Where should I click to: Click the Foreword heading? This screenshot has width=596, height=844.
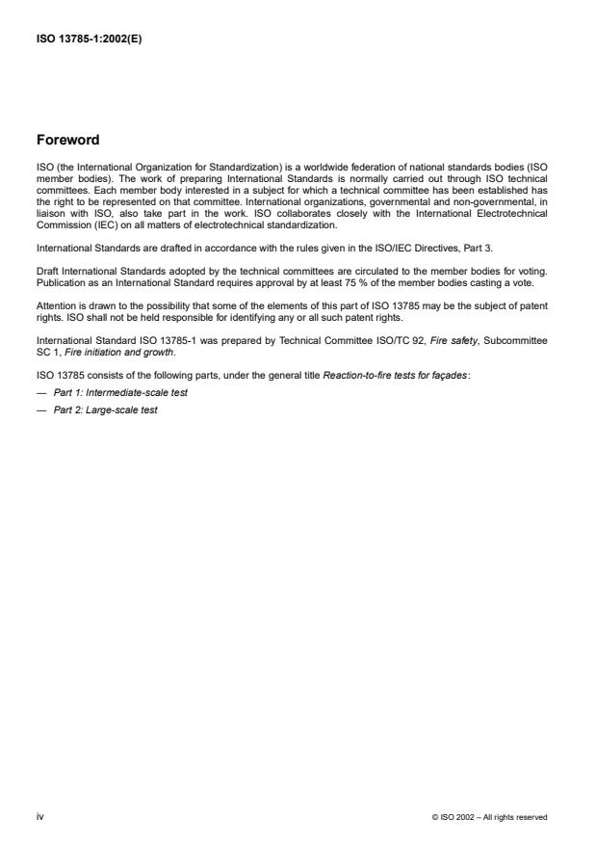point(67,140)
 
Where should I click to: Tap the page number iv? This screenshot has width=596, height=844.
point(40,816)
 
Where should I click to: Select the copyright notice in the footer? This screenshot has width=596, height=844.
point(491,817)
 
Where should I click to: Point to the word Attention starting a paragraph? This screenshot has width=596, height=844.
point(55,304)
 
